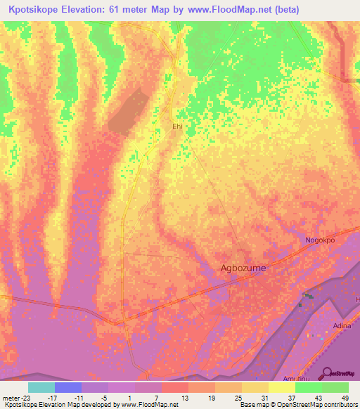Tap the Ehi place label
(x=179, y=126)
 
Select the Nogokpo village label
(x=320, y=240)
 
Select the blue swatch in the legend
(x=67, y=387)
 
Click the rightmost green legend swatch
(x=335, y=387)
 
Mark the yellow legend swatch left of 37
(x=281, y=387)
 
